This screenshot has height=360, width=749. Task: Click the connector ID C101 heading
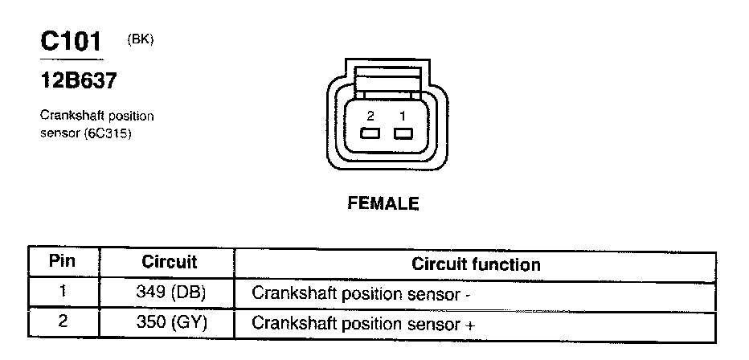coord(72,43)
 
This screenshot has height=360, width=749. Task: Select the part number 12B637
coord(78,80)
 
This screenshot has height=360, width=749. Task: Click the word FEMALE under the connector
coord(383,204)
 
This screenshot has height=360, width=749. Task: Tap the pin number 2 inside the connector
coord(370,116)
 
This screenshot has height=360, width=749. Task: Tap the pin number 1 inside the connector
coord(401,116)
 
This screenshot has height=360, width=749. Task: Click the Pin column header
coord(62,262)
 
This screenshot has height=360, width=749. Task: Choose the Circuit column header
coord(169,262)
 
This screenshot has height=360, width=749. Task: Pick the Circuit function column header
coord(476,264)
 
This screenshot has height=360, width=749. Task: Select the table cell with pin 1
coord(62,292)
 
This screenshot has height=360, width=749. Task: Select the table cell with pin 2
coord(62,323)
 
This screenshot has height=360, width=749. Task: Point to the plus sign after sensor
coord(470,325)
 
